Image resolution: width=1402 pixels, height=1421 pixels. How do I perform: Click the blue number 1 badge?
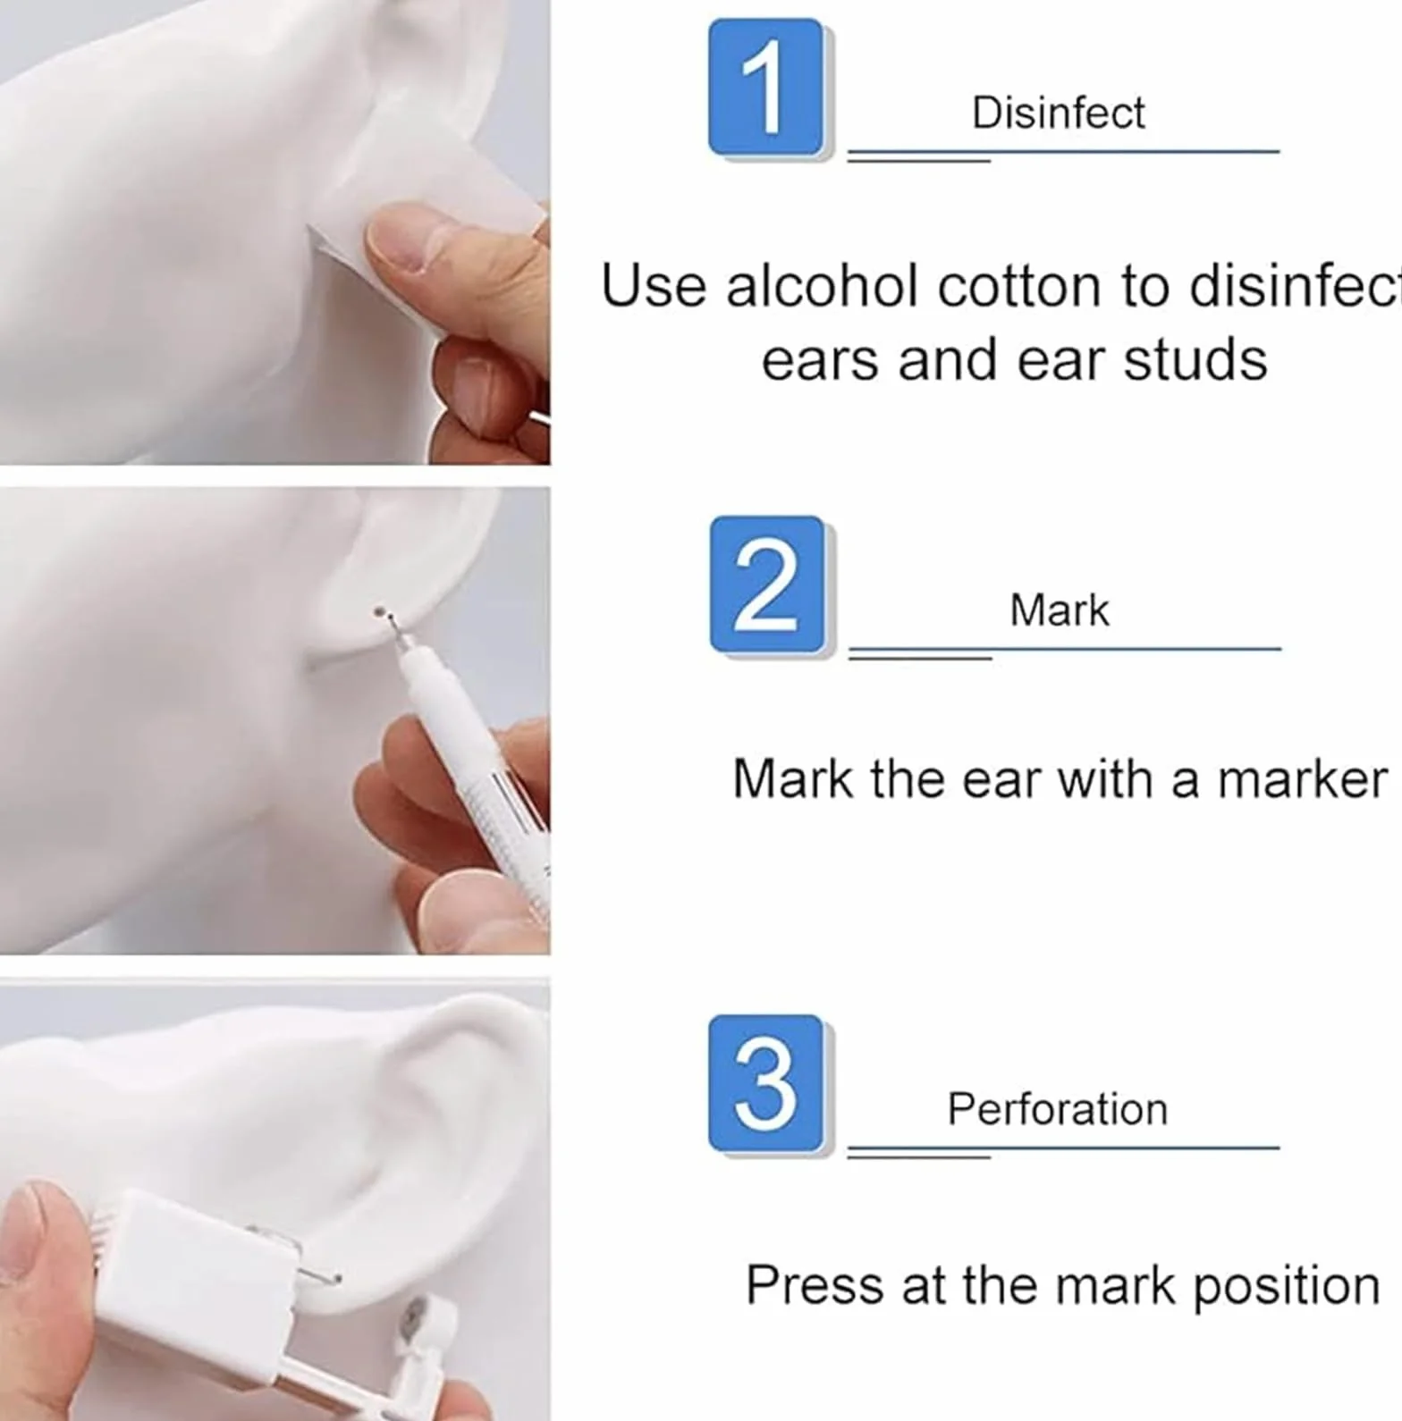(765, 88)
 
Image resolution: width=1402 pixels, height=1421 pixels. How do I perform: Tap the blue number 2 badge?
(767, 584)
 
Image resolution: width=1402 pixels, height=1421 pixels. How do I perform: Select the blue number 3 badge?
(765, 1083)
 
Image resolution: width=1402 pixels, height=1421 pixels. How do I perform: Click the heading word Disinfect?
(1058, 114)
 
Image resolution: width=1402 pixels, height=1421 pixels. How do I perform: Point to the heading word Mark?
(1059, 610)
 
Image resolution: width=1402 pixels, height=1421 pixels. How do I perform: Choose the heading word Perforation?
(1057, 1109)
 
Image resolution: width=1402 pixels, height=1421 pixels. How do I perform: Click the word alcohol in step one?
(823, 287)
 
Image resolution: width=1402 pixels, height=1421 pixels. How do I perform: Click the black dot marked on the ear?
(379, 612)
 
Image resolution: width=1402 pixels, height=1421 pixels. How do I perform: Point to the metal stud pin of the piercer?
(319, 1273)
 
